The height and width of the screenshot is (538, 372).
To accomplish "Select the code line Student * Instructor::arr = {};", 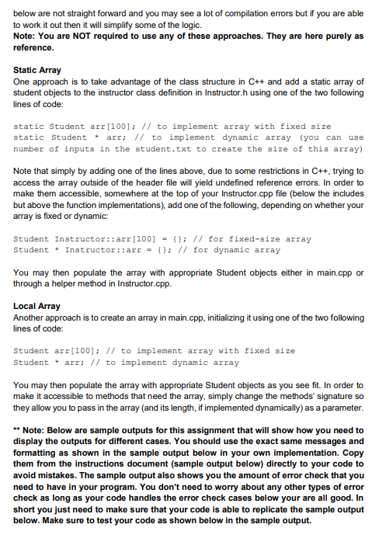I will point(86,250).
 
